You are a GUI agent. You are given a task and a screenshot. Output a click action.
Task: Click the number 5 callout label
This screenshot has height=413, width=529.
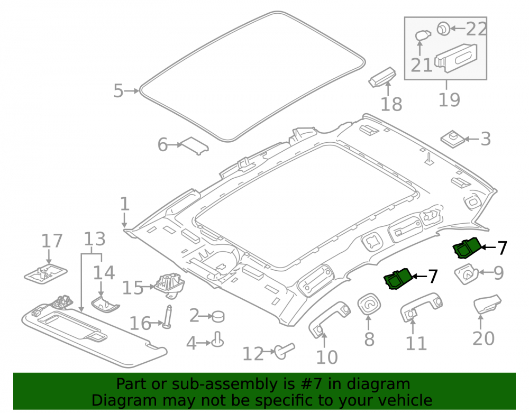click(118, 91)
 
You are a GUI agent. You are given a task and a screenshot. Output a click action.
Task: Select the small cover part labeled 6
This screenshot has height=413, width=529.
click(195, 145)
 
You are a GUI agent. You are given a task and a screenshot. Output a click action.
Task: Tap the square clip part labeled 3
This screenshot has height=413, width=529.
click(452, 138)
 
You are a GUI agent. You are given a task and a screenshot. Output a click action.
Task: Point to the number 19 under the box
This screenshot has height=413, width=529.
click(449, 100)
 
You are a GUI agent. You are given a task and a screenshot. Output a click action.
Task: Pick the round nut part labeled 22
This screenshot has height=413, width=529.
click(443, 29)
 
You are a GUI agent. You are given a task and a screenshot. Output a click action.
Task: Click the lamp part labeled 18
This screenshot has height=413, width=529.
click(382, 77)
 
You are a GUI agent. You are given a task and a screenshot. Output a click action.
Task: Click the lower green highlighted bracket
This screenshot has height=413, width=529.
click(398, 279)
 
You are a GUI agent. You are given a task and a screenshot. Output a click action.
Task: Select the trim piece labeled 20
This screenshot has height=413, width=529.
click(487, 304)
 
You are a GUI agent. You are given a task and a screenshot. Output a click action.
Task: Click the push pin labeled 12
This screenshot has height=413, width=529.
click(285, 351)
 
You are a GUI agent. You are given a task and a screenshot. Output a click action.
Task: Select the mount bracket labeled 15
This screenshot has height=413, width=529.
click(170, 285)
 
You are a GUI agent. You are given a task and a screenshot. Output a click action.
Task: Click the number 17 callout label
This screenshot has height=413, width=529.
click(52, 241)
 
